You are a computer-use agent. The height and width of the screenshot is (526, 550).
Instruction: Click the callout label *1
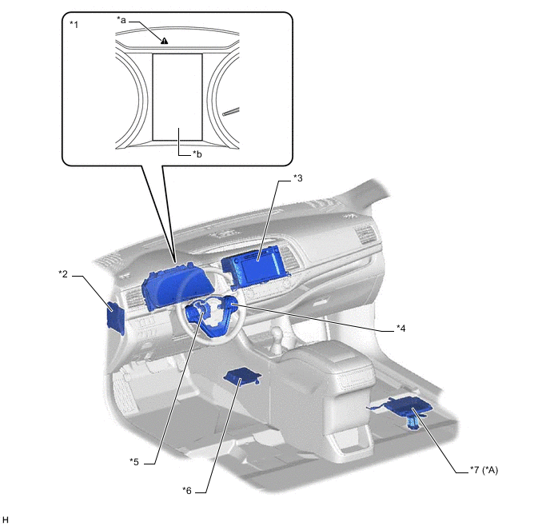pyautogui.click(x=74, y=25)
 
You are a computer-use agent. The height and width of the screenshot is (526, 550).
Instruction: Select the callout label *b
pyautogui.click(x=197, y=153)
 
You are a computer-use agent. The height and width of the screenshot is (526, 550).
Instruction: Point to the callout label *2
pyautogui.click(x=64, y=274)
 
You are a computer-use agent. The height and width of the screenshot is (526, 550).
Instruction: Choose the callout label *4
pyautogui.click(x=401, y=327)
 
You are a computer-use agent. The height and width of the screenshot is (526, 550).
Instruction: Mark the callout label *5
pyautogui.click(x=135, y=460)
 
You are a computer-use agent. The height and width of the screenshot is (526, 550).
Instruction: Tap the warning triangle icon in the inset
pyautogui.click(x=163, y=40)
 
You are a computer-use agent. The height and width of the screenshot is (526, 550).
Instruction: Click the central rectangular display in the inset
pyautogui.click(x=177, y=96)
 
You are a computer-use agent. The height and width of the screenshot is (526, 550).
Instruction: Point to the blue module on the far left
pyautogui.click(x=115, y=318)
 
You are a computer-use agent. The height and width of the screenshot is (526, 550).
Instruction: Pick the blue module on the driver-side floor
pyautogui.click(x=241, y=377)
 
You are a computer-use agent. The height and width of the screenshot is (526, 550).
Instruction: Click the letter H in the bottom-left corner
pyautogui.click(x=6, y=520)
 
